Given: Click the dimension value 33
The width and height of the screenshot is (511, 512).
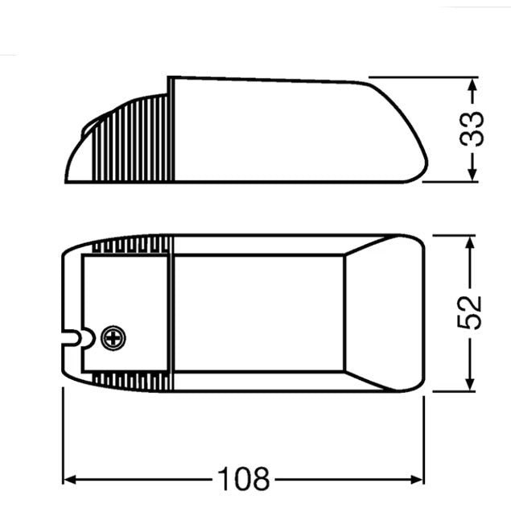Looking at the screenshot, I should (476, 129).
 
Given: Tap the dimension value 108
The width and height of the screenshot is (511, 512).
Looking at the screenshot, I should (242, 480).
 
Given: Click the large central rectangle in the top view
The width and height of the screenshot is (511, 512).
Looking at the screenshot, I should (258, 312).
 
